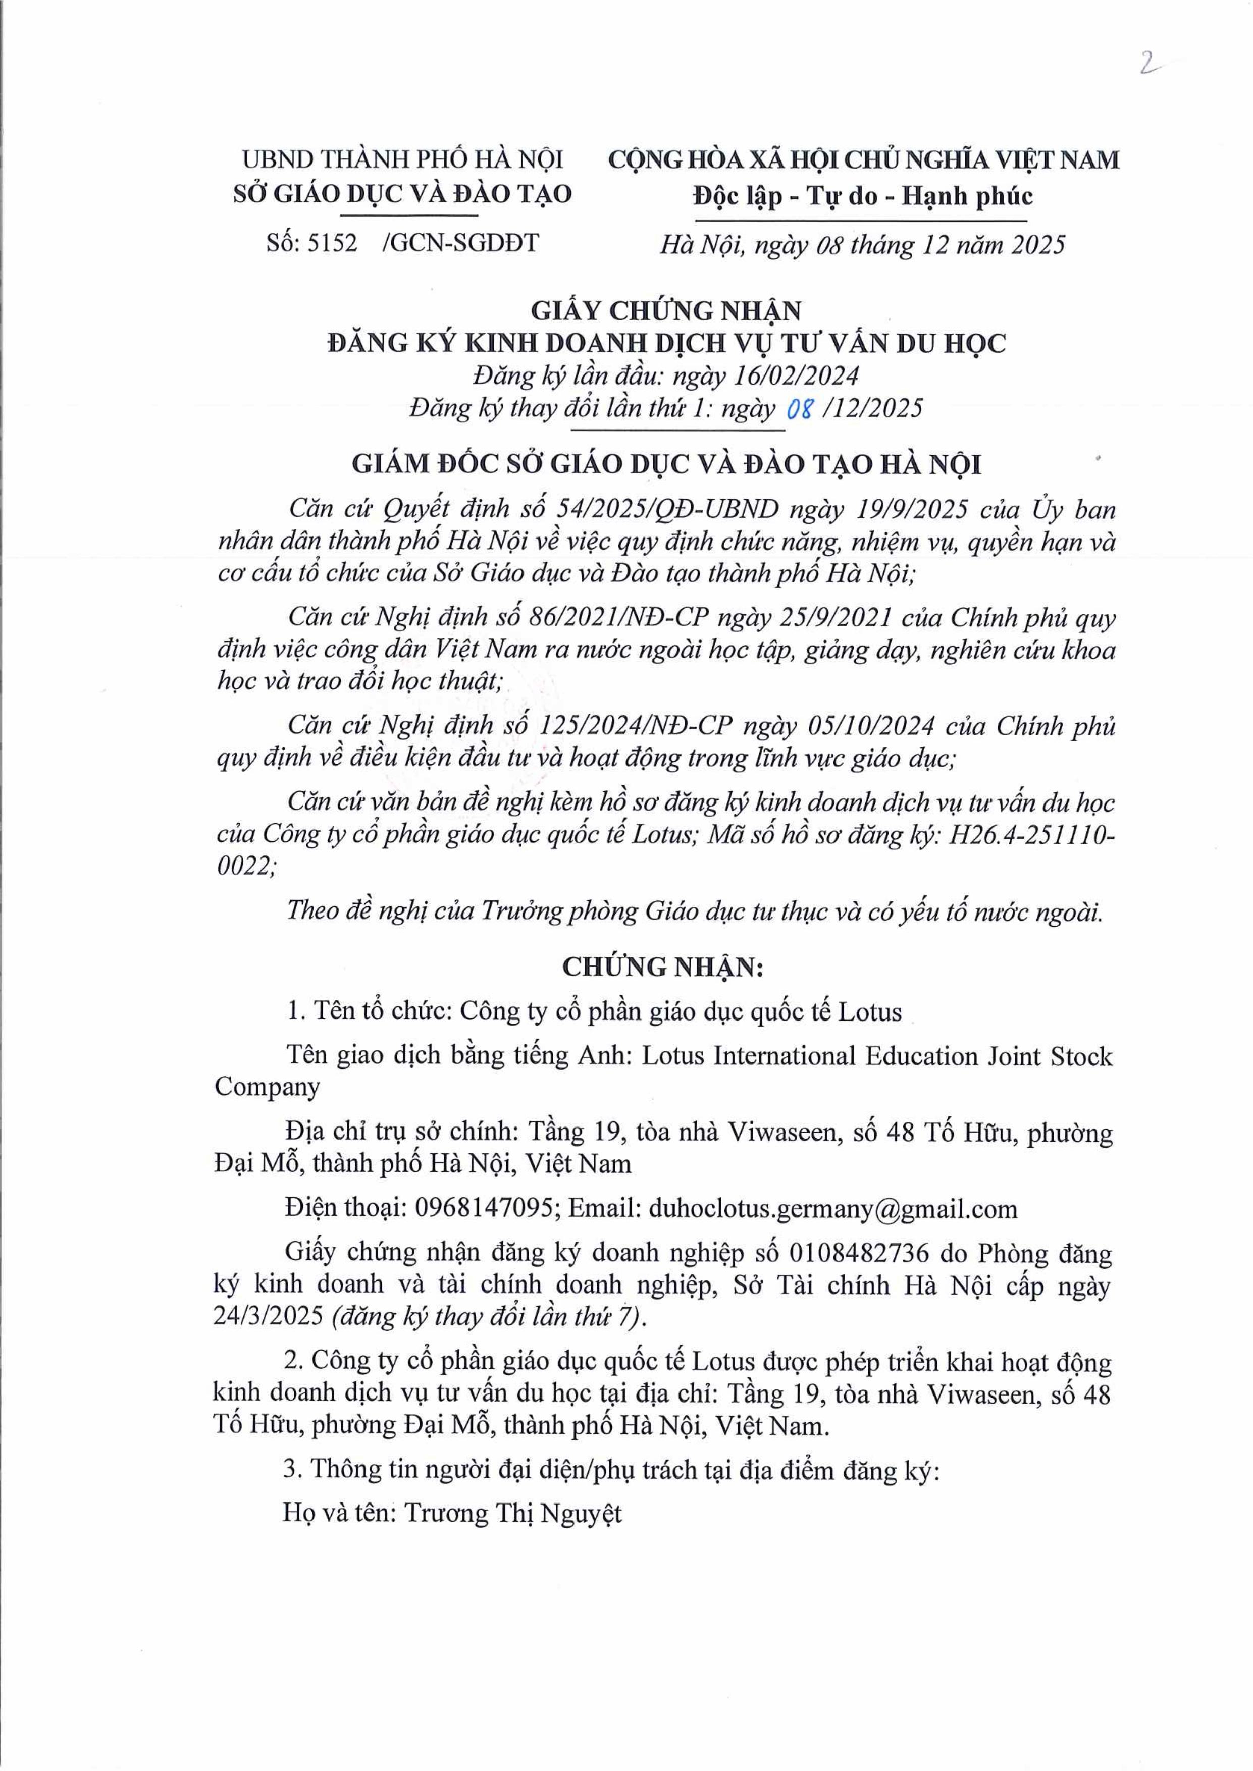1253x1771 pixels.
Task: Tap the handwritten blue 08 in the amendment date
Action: click(x=799, y=409)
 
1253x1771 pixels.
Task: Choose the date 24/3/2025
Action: click(x=269, y=1316)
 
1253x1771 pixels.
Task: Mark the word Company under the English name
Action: click(x=267, y=1086)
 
